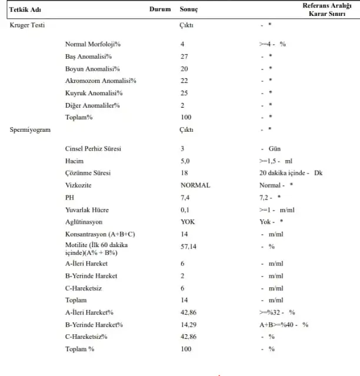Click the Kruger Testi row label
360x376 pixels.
point(28,26)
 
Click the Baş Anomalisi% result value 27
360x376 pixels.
point(184,56)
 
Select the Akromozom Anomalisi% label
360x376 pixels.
point(101,81)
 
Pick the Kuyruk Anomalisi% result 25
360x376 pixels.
point(184,93)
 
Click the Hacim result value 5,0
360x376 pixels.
point(185,161)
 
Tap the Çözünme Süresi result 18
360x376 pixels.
point(184,173)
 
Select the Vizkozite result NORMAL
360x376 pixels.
point(195,185)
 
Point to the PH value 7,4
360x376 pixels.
point(185,198)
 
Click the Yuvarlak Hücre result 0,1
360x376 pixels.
point(185,210)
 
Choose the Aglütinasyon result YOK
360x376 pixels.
point(188,222)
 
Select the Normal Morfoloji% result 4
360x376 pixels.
point(182,44)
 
